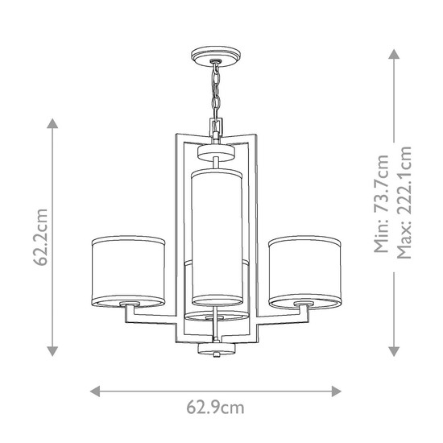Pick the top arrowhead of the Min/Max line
coord(394,54)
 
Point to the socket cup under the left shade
coord(128,304)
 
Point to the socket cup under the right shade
coord(303,304)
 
